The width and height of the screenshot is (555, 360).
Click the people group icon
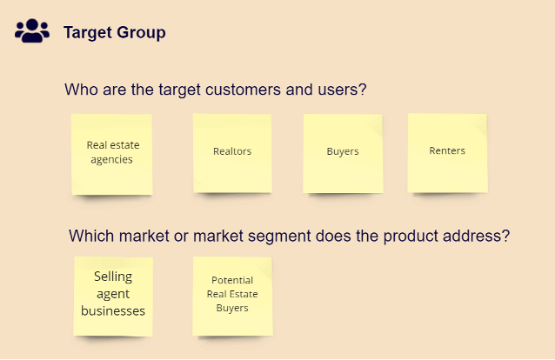(32, 31)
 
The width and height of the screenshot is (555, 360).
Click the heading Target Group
(114, 33)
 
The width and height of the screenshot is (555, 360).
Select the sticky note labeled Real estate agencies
(112, 153)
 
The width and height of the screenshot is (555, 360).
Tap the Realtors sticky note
(232, 152)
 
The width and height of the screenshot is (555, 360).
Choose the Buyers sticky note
(343, 152)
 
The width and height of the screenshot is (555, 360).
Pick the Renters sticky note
(447, 151)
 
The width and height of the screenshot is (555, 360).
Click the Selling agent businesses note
(113, 295)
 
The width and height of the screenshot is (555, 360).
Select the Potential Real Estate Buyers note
(232, 295)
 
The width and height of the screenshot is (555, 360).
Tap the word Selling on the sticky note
(113, 277)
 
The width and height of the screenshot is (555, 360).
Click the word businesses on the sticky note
(113, 310)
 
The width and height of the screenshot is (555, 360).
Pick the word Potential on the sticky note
(232, 280)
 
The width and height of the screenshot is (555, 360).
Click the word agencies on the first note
(112, 160)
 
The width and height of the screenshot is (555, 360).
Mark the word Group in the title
(143, 33)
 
